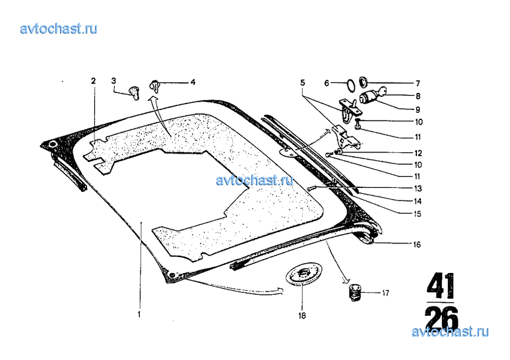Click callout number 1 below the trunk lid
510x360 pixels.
pos(139,315)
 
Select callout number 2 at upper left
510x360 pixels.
pos(94,80)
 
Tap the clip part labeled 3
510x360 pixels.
pos(133,92)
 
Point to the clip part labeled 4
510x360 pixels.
pos(155,87)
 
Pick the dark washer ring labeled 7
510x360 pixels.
pos(362,82)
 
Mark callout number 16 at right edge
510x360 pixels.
pos(417,245)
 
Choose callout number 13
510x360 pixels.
pos(418,189)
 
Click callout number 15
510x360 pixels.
pos(417,214)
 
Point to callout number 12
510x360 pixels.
pos(418,153)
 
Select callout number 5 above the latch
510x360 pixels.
pos(302,83)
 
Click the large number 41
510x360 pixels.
pos(441,286)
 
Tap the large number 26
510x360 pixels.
pos(441,317)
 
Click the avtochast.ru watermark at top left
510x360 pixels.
pos(59,29)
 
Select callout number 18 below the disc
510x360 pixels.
pos(302,315)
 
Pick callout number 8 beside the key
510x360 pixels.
pos(418,96)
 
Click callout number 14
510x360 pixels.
pos(418,202)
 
